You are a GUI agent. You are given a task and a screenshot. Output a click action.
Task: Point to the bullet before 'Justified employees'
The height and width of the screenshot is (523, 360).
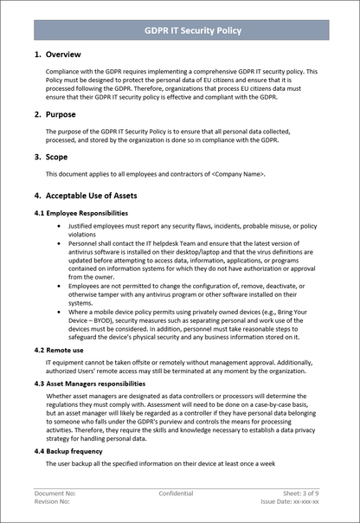point(58,225)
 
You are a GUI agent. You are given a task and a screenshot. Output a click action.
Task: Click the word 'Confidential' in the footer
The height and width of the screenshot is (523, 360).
point(177,493)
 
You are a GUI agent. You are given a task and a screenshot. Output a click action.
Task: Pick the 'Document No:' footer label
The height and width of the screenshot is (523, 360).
point(55,493)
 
